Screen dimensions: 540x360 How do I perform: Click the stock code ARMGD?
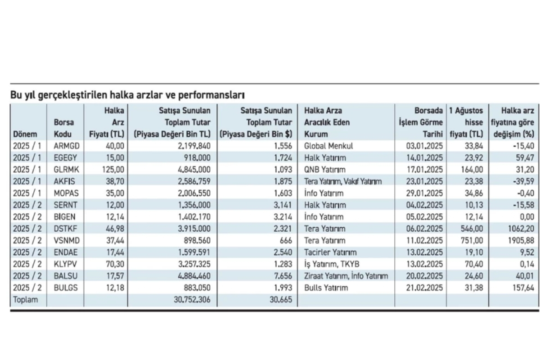pos(67,146)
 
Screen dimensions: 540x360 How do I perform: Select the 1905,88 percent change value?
pos(521,240)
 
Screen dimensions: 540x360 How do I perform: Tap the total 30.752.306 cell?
pos(192,300)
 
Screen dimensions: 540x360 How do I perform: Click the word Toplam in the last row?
pos(26,300)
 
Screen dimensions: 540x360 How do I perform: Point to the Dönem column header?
pos(25,134)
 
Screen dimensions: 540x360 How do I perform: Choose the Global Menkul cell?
pos(328,146)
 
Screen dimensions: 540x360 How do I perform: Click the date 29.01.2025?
pos(424,193)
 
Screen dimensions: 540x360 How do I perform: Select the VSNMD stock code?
pos(67,240)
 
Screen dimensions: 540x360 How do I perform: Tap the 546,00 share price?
pos(472,229)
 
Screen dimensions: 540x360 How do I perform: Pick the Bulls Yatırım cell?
pos(326,288)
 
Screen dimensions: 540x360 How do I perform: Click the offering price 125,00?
pos(113,170)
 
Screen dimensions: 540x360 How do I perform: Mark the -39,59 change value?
pos(523,181)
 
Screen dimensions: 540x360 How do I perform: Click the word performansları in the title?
pos(211,95)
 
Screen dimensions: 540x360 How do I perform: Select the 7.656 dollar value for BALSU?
pos(283,276)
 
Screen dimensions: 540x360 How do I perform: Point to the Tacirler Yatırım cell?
pos(330,252)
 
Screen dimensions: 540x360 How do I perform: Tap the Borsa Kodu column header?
pos(63,128)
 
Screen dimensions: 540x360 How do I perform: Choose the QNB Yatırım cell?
pos(325,170)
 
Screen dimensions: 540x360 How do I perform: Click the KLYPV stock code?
pos(65,264)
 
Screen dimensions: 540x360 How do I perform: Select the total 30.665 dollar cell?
pos(281,300)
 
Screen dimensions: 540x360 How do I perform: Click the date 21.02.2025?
pos(424,288)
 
